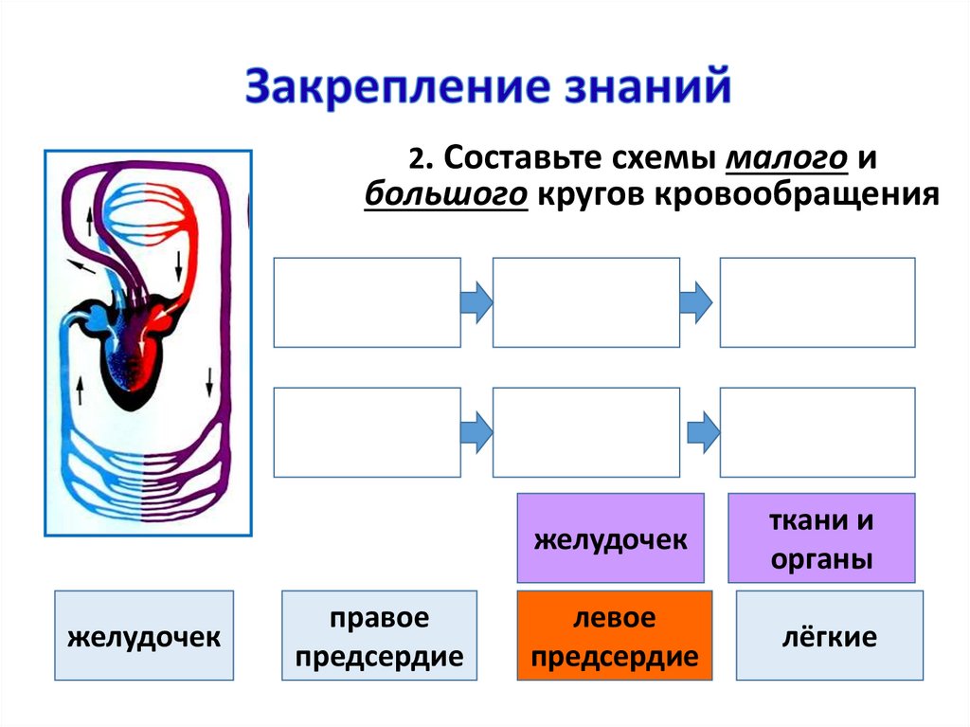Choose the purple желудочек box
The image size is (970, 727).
coord(610,538)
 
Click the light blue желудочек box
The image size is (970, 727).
coord(144,635)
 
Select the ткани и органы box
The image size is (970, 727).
coord(821,538)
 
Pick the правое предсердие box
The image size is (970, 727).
coord(379,635)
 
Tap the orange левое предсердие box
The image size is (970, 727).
coord(614,635)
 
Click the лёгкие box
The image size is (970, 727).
coord(829,635)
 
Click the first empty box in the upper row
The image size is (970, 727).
coord(368,301)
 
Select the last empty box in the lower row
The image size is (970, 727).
coord(817,431)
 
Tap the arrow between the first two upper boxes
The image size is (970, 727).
coord(476,301)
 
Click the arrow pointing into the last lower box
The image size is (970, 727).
coord(700,431)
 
